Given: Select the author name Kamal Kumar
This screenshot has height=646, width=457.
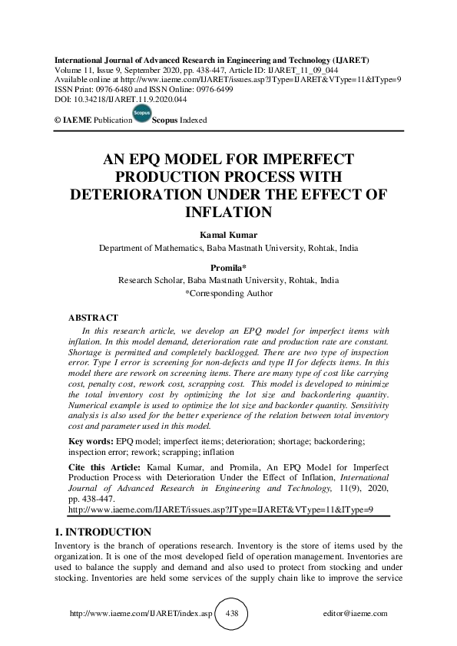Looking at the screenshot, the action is pos(228,235).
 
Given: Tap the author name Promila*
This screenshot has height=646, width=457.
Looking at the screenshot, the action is pos(228,268).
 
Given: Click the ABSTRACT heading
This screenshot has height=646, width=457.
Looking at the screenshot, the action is pos(93,317).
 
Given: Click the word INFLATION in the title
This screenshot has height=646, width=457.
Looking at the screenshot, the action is pos(228,211).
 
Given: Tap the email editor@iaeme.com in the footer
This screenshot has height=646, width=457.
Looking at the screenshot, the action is pos(357,614).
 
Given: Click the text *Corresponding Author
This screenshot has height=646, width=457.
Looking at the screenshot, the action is pos(228,292).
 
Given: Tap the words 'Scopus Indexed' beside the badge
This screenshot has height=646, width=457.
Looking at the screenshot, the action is pos(180,120).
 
